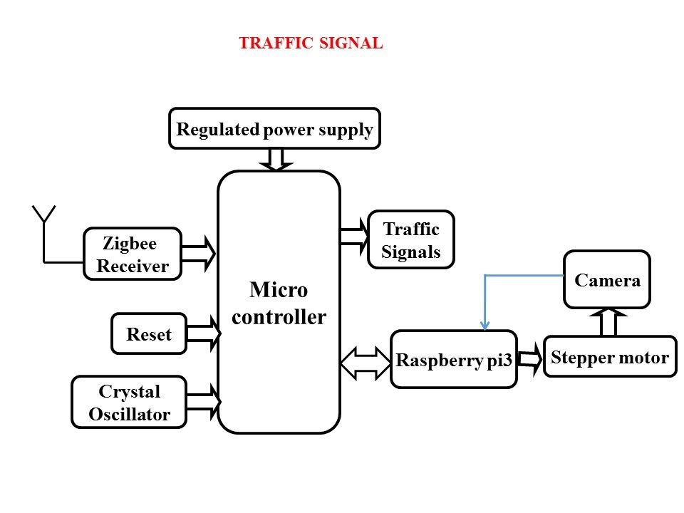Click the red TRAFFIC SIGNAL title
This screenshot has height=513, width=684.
click(311, 43)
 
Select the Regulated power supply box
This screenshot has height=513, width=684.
click(275, 128)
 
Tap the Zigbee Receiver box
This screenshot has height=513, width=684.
click(133, 254)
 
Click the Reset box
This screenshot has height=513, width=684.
click(149, 333)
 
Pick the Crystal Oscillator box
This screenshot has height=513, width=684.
click(129, 402)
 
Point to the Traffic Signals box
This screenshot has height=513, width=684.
click(411, 239)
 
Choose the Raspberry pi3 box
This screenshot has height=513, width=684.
click(454, 359)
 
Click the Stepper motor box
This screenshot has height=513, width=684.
click(611, 356)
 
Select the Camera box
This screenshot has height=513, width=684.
click(607, 279)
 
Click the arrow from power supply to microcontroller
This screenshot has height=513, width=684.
click(276, 159)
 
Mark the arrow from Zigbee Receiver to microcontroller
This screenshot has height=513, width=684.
click(199, 254)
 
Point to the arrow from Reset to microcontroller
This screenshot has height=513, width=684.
click(204, 333)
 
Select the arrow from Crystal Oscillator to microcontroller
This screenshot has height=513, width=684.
click(204, 402)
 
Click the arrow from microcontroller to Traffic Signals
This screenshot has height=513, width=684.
click(355, 237)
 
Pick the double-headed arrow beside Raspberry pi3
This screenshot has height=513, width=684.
click(366, 363)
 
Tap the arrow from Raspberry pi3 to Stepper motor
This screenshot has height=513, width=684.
click(530, 359)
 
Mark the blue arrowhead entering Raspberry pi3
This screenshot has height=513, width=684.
click(484, 326)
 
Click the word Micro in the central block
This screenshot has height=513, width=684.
click(279, 290)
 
